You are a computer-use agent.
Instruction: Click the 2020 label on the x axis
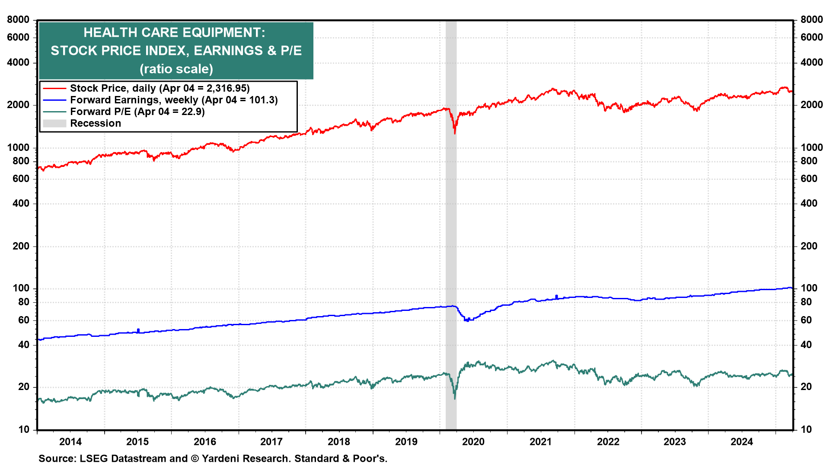[473, 441]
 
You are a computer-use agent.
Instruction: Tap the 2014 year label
[70, 441]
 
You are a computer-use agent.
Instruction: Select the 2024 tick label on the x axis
[742, 441]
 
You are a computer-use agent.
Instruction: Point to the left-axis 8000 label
[18, 19]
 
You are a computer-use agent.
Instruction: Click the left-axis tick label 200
[21, 246]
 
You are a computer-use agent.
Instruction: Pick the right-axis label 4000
[812, 62]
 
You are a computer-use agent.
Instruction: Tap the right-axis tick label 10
[806, 429]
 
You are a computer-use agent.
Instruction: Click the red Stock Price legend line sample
[54, 88]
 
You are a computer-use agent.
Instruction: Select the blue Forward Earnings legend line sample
[54, 100]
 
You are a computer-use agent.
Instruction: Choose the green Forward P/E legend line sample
[54, 112]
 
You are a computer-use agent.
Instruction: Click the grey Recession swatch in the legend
[54, 123]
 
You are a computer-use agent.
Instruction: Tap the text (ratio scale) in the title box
[176, 69]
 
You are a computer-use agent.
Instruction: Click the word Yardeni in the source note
[223, 458]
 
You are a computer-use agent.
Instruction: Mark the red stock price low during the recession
[455, 133]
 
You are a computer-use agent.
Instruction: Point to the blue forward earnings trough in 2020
[467, 320]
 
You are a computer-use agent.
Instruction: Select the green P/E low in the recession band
[455, 398]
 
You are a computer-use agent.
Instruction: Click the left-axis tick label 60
[24, 320]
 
